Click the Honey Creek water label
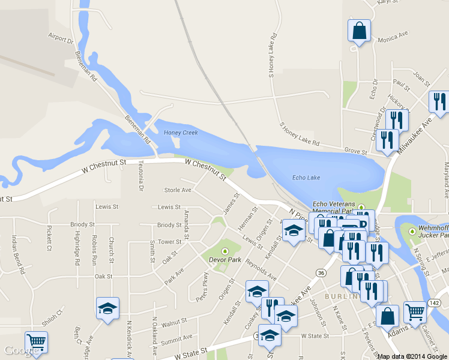(x=181, y=133)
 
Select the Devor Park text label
(x=224, y=260)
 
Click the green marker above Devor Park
(x=224, y=251)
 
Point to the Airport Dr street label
(x=60, y=38)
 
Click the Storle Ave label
(x=178, y=190)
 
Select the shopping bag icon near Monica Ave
(x=359, y=31)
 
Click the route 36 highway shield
(x=322, y=273)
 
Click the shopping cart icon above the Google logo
(x=36, y=342)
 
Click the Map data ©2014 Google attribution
(x=412, y=356)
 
